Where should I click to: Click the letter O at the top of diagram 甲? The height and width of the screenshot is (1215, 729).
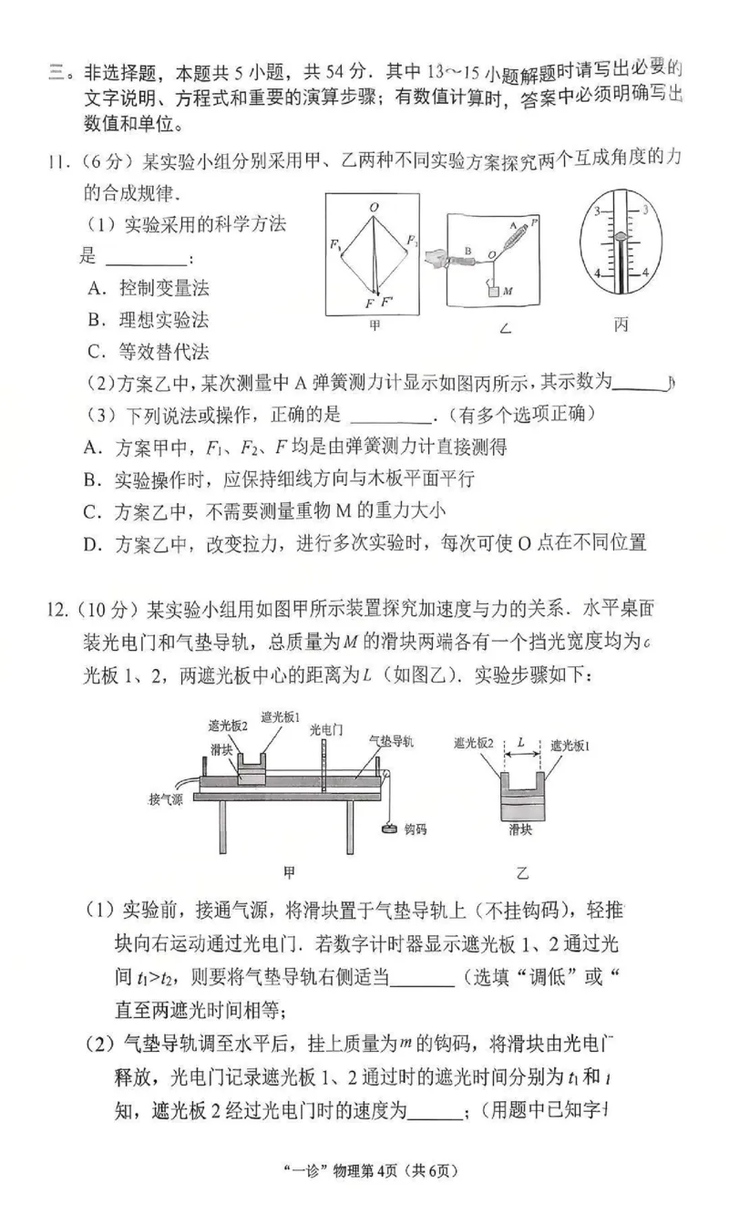click(374, 208)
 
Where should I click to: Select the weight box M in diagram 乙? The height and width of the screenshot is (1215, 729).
click(493, 291)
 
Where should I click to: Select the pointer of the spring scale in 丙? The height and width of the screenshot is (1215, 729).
click(621, 235)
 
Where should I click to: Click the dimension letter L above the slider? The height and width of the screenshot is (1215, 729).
click(520, 743)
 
